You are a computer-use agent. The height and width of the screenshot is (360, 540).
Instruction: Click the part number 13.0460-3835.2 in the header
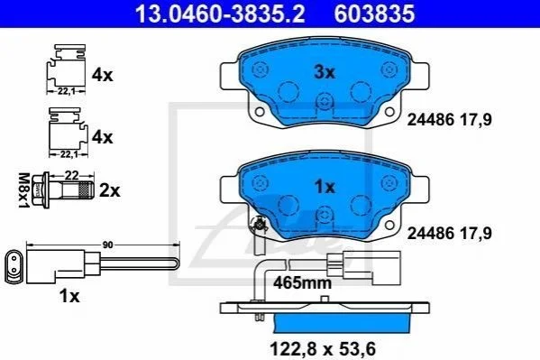(x=220, y=14)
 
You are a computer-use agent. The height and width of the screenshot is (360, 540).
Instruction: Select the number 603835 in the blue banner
(x=375, y=14)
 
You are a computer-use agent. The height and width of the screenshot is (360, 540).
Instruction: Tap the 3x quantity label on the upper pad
(x=324, y=72)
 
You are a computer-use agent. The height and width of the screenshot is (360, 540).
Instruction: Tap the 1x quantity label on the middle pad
(x=325, y=187)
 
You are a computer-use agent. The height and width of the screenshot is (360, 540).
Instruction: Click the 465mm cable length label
(x=302, y=283)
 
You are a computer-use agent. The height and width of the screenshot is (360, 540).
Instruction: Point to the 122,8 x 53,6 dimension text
(x=323, y=348)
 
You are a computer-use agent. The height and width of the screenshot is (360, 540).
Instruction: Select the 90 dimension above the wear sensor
(x=108, y=245)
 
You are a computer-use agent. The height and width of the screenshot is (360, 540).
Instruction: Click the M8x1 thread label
(x=23, y=190)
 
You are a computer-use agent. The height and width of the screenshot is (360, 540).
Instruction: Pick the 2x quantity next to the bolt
(x=109, y=190)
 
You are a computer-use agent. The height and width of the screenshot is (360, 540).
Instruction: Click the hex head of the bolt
(x=38, y=190)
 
